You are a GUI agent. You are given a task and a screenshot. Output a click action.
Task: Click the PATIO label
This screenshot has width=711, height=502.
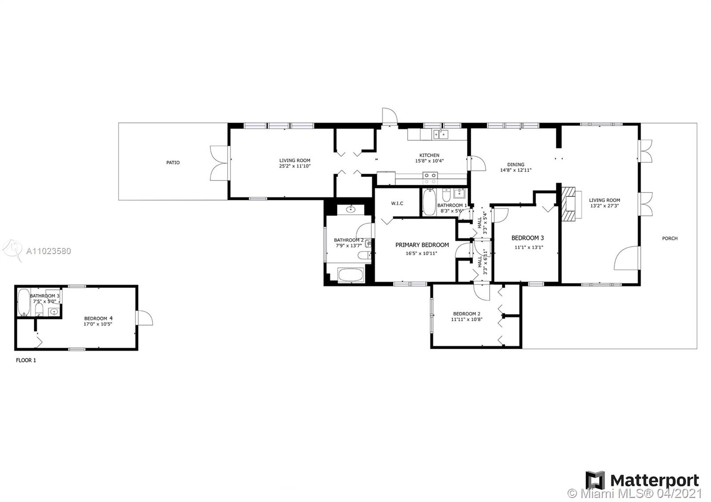173,163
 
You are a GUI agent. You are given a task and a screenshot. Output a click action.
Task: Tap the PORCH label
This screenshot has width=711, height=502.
670,238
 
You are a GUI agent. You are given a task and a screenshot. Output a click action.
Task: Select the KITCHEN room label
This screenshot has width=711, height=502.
429,155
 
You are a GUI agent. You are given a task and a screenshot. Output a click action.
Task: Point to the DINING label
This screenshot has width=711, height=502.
516,164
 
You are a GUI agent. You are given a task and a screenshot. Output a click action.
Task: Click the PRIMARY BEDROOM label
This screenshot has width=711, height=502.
422,245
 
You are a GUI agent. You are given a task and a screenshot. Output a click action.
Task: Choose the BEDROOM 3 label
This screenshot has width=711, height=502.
527,238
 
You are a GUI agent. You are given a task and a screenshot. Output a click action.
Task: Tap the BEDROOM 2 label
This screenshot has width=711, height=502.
467,314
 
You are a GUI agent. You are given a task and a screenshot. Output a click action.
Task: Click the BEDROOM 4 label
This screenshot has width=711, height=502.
98,318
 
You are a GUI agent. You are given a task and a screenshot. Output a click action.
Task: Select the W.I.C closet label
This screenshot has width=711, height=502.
397,203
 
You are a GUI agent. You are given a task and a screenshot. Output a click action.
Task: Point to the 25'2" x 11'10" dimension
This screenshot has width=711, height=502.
295,166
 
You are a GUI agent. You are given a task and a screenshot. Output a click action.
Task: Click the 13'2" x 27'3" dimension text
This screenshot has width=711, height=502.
604,206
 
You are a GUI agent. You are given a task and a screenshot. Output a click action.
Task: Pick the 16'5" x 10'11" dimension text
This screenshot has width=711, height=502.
422,253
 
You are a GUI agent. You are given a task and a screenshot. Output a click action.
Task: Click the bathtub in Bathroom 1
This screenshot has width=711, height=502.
429,202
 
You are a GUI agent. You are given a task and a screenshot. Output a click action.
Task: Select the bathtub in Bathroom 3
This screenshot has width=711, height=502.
24,303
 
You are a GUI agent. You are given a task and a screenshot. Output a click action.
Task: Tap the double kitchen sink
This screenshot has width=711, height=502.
440,135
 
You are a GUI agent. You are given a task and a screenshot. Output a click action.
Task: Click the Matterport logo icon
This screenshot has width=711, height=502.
595,480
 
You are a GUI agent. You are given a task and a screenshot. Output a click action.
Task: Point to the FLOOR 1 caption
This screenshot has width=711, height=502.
26,360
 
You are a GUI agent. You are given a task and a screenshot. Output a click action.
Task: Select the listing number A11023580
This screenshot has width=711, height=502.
48,251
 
